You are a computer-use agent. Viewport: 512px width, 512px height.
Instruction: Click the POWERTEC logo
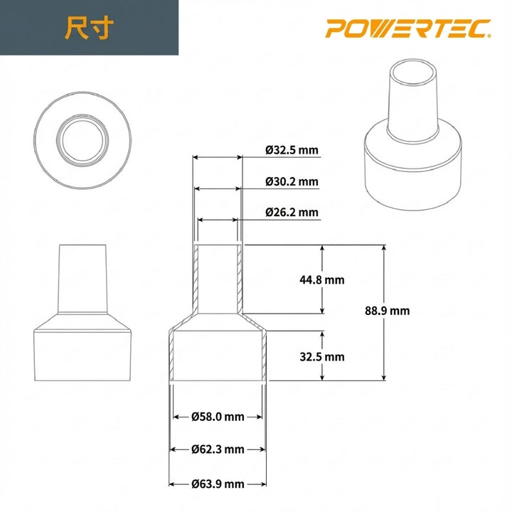pos(408,28)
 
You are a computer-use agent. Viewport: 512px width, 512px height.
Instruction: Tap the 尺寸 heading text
pos(89,28)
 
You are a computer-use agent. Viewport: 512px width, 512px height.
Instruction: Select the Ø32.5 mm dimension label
pos(292,150)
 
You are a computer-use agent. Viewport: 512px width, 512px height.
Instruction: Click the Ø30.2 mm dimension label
pos(292,181)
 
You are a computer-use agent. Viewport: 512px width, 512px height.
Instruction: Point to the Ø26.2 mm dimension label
pos(292,213)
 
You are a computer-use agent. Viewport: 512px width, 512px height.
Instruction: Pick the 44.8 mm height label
pos(322,280)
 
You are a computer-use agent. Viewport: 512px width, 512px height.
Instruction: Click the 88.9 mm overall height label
pos(388,311)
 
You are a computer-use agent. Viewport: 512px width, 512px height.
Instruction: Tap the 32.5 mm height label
pos(322,356)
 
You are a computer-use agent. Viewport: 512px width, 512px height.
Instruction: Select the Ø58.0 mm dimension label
pos(218,417)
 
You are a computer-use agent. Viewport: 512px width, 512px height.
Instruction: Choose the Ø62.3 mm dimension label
pos(218,449)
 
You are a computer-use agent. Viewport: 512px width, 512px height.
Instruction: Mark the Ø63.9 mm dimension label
pos(218,484)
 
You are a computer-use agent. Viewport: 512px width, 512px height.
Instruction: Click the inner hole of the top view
pos(82,140)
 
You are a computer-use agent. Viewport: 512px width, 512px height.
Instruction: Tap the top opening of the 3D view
pos(415,73)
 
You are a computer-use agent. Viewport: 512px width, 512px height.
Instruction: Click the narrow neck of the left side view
pos(82,279)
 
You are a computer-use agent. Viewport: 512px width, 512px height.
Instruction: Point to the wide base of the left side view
pos(82,356)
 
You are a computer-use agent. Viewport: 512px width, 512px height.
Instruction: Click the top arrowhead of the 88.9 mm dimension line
pos(384,247)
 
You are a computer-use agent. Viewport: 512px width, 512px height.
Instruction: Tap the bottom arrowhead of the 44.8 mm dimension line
pos(322,311)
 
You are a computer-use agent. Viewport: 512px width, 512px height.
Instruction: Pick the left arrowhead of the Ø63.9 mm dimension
pos(171,484)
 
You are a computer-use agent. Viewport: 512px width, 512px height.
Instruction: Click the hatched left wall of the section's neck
pos(196,279)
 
